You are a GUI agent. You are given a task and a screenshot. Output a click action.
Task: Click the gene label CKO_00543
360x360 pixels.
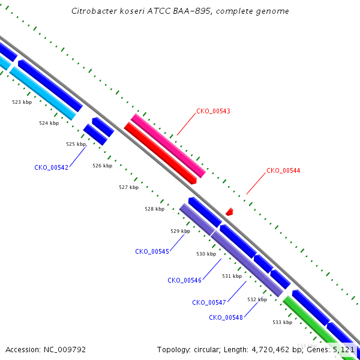[x=213, y=112]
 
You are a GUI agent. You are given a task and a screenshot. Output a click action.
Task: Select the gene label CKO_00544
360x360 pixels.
[x=283, y=170]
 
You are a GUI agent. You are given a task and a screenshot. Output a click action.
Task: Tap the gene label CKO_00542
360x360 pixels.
[x=51, y=167]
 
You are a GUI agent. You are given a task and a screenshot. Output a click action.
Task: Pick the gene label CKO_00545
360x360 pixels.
[x=152, y=251]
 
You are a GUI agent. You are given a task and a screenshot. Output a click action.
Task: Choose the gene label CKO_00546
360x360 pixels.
[x=184, y=280]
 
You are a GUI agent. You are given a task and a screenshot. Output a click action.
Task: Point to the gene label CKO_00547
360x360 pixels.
[x=209, y=302]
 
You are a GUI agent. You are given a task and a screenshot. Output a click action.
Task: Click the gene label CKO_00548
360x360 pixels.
[x=226, y=317]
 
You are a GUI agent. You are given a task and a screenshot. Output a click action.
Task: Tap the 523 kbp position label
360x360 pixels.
[x=22, y=103]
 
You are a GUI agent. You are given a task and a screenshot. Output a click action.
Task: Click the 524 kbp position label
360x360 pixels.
[x=49, y=123]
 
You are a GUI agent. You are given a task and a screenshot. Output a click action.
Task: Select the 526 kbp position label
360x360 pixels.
[x=102, y=166]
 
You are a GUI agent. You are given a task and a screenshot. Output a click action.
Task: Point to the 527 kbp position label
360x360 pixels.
[x=128, y=187]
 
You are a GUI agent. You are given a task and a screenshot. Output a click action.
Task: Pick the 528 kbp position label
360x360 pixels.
[x=154, y=209]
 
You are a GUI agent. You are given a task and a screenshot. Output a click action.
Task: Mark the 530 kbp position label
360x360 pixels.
[x=206, y=254]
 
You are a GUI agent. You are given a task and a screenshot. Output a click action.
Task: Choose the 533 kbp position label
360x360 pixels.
[x=282, y=322]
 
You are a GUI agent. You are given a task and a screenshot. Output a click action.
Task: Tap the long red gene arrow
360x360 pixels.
[x=160, y=154]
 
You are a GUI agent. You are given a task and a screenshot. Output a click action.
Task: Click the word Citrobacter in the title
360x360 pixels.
[x=92, y=11]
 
